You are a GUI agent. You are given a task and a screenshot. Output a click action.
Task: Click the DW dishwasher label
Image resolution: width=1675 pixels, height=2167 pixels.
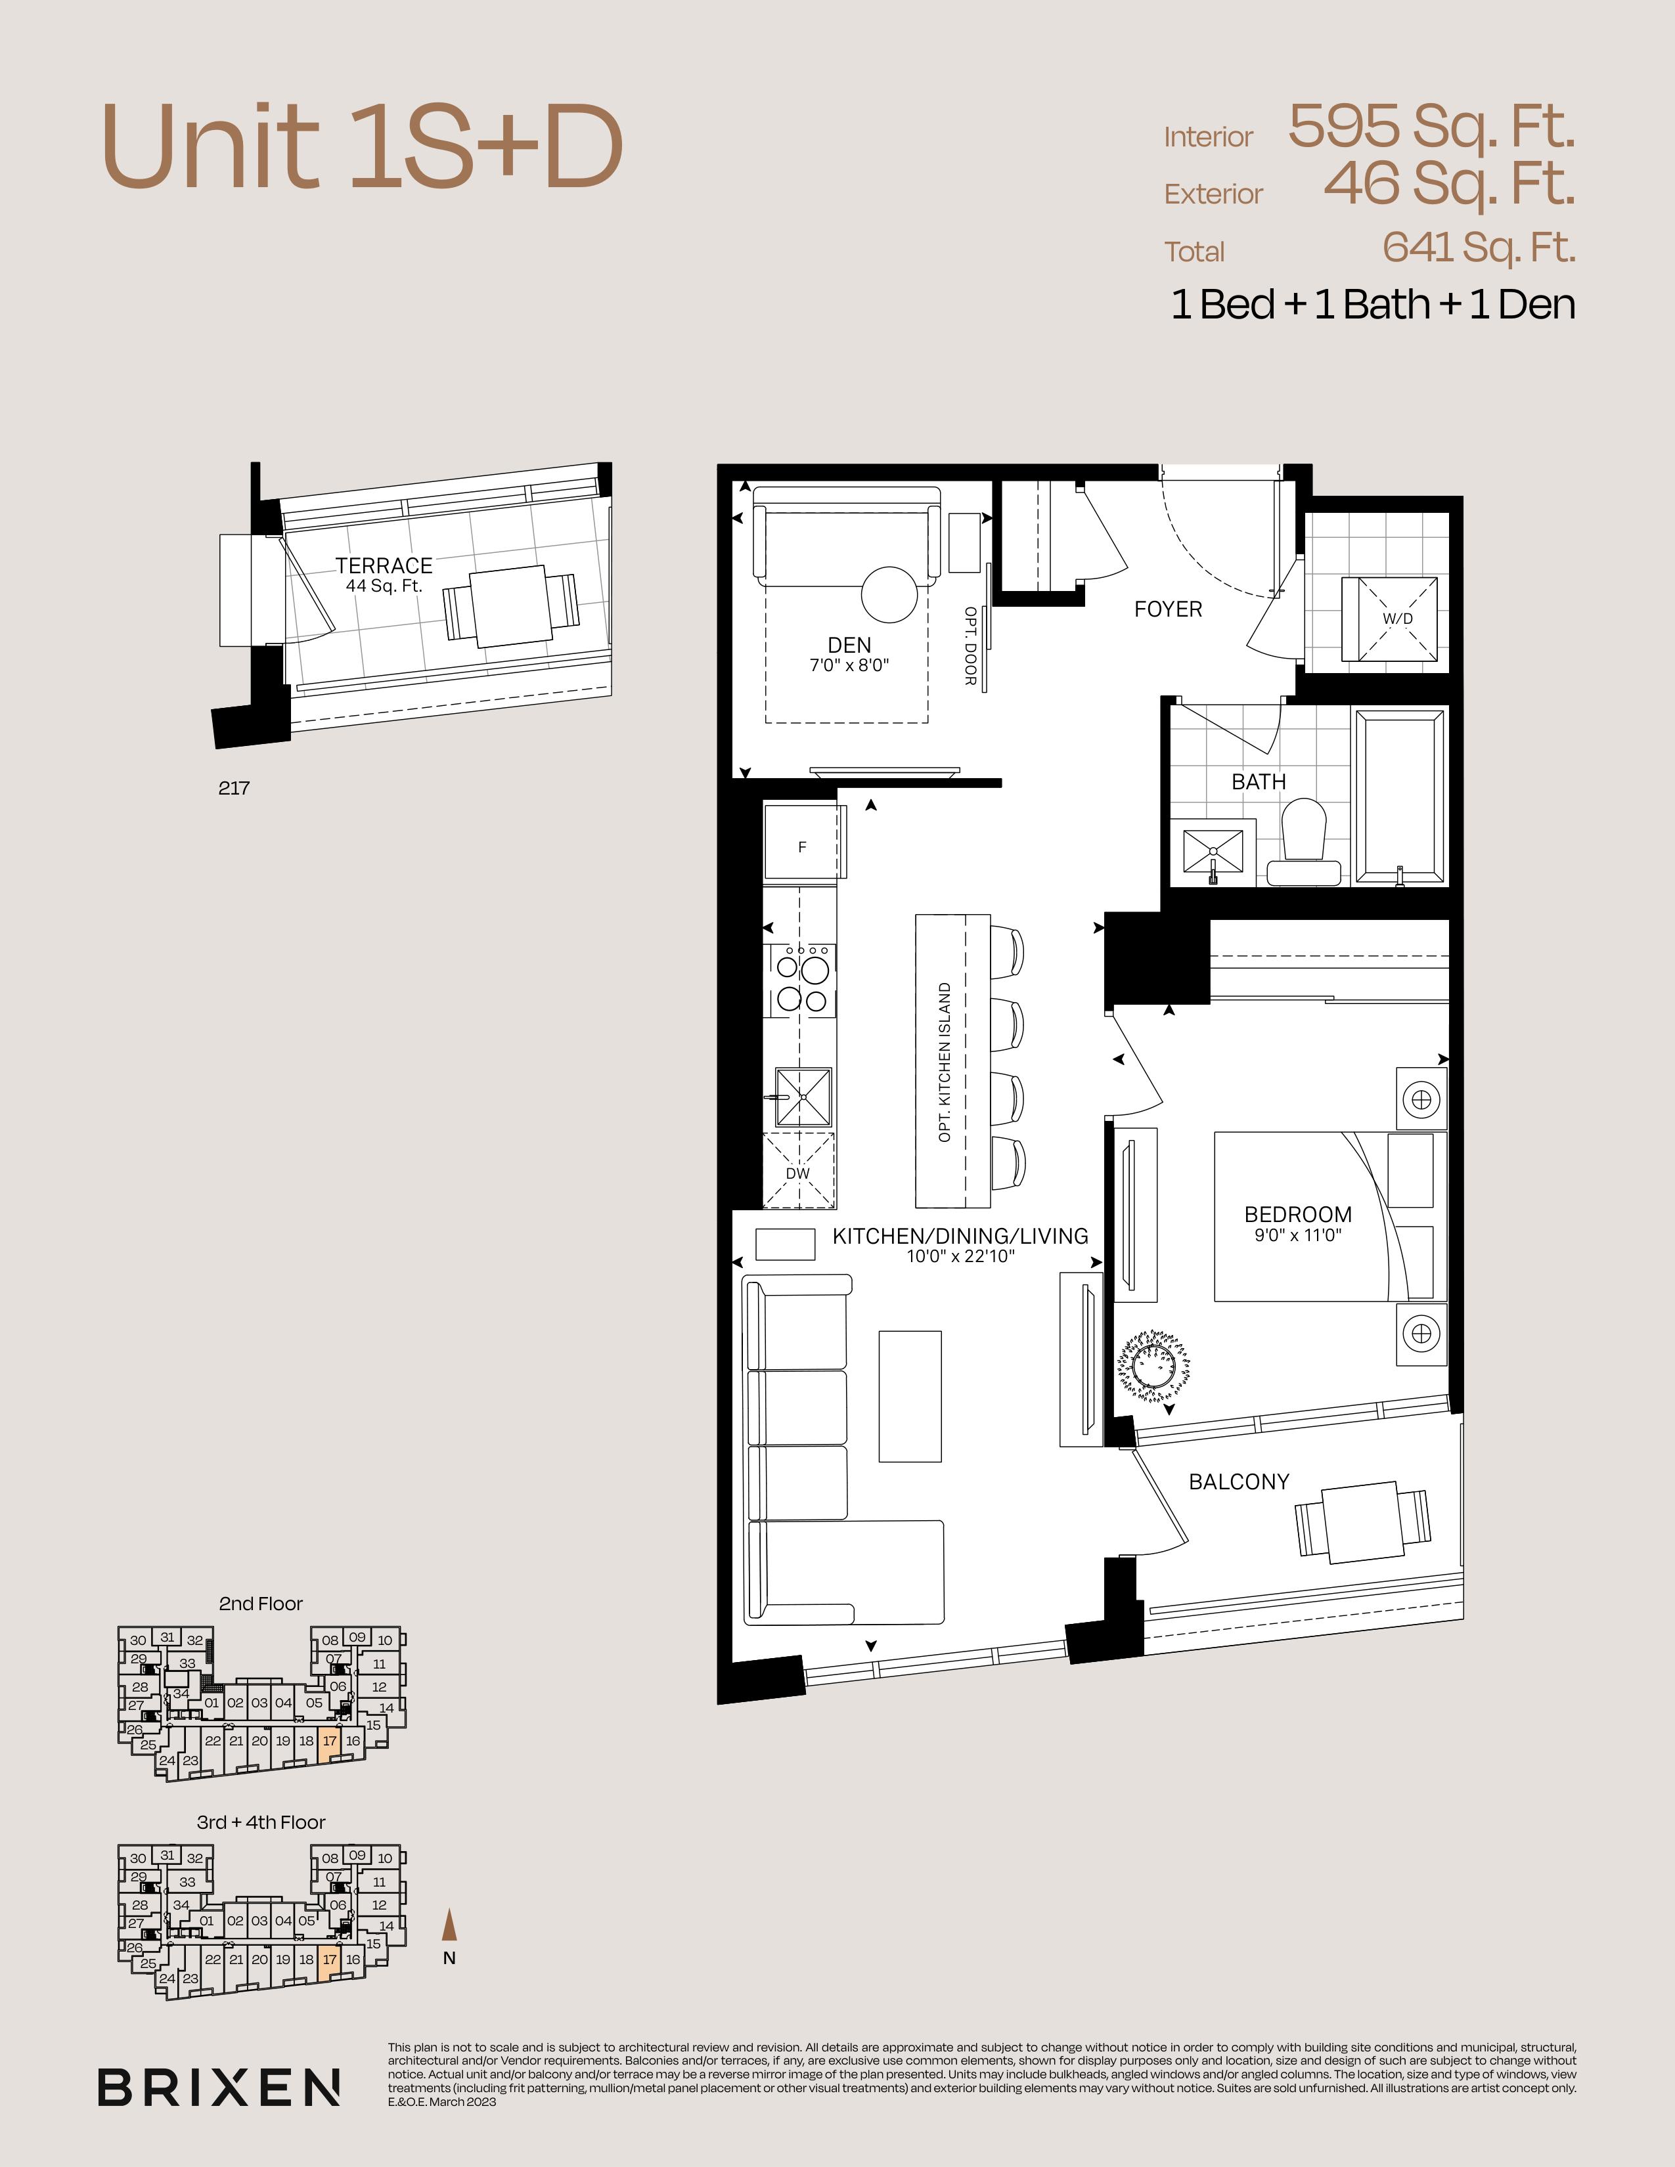[798, 1173]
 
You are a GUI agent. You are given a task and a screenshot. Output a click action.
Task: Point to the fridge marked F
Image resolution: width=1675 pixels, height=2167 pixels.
[804, 841]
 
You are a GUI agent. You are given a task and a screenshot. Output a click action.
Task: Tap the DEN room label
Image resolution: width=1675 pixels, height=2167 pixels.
[849, 645]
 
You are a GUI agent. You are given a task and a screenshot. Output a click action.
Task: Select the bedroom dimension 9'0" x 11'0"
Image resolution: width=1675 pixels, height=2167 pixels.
[1298, 1235]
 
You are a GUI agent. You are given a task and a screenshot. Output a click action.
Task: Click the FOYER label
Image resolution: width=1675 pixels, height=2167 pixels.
[1168, 609]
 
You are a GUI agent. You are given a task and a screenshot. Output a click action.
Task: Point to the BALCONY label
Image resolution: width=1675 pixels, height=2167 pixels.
[1239, 1481]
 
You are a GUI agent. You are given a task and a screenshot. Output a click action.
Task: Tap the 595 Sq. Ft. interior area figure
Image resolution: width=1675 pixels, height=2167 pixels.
[1432, 126]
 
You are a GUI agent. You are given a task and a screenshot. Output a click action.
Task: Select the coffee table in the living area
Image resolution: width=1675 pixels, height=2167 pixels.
[910, 1396]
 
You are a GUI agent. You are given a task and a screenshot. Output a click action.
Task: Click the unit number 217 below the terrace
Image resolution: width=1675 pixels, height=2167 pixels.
[234, 788]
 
